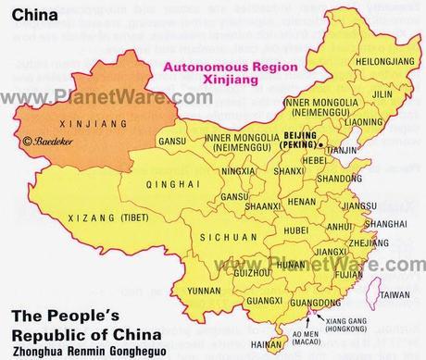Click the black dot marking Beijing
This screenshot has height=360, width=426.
[319, 145]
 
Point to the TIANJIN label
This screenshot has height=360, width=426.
[345, 151]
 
